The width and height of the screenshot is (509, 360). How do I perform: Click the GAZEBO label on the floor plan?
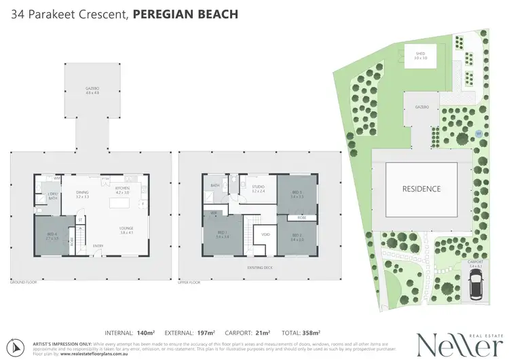(x=92, y=90)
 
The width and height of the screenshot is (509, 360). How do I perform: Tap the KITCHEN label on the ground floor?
(x=122, y=190)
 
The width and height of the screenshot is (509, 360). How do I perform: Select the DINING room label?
(x=82, y=194)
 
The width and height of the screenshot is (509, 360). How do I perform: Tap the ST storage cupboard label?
(x=79, y=219)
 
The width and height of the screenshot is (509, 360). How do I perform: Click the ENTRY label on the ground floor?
(x=98, y=246)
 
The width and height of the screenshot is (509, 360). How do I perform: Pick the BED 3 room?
(x=297, y=194)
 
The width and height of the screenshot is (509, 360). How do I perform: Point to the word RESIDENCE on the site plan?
(x=421, y=189)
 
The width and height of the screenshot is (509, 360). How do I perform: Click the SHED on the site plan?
(x=421, y=56)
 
